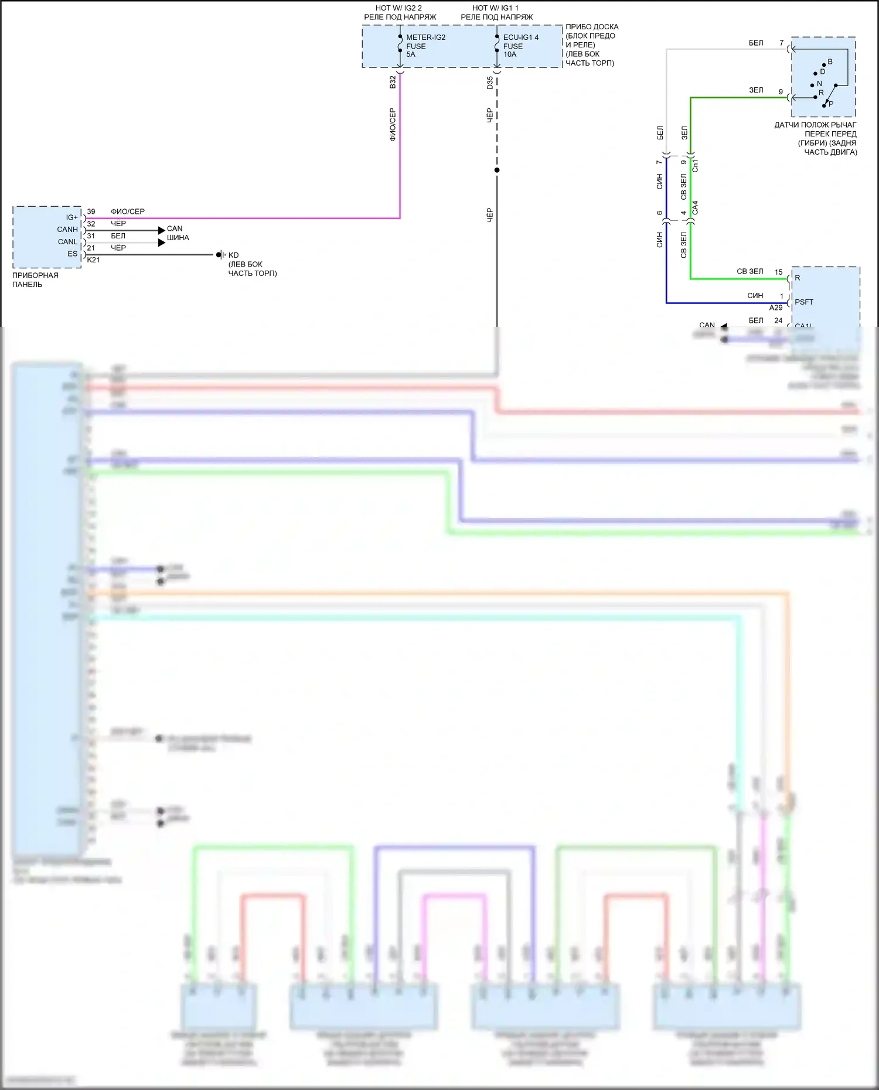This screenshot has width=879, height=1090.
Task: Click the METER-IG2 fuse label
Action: click(x=425, y=37)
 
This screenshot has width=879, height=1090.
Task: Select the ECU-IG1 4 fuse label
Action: click(x=520, y=37)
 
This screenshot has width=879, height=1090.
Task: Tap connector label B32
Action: click(x=393, y=82)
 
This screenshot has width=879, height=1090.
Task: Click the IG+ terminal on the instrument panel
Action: click(x=71, y=218)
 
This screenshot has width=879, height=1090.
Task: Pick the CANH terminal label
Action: click(x=67, y=230)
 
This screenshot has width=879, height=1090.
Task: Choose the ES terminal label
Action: click(x=72, y=254)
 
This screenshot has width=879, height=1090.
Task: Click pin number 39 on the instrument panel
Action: click(x=91, y=211)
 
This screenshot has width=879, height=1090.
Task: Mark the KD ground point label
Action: click(x=233, y=255)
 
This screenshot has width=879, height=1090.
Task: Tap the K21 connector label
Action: click(x=93, y=260)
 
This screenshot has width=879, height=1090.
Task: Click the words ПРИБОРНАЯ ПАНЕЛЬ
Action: click(x=35, y=280)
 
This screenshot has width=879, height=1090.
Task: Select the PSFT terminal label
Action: click(x=804, y=302)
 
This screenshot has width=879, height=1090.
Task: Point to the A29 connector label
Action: click(x=776, y=308)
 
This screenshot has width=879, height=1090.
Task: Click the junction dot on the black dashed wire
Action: click(x=497, y=170)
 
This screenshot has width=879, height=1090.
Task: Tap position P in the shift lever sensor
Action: click(x=830, y=104)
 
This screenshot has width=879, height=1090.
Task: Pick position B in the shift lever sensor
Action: click(x=830, y=61)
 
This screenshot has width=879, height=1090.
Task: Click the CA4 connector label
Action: click(x=696, y=207)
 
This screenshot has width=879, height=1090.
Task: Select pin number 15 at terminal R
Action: click(x=778, y=272)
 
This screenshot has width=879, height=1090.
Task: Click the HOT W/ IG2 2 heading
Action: click(x=398, y=8)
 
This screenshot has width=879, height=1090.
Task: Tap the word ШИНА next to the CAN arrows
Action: click(x=178, y=238)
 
